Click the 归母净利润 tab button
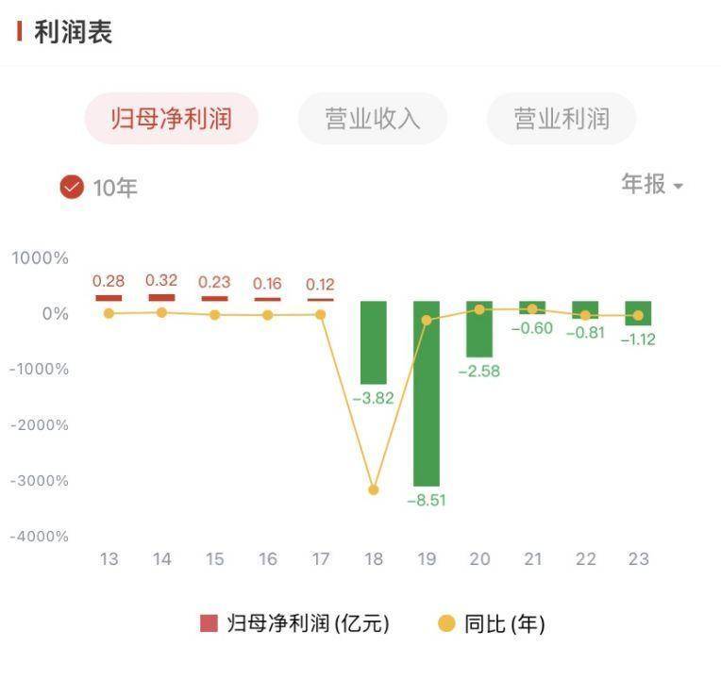(x=171, y=119)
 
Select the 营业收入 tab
(x=372, y=119)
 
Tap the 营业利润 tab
(x=561, y=119)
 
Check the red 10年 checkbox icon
(x=73, y=187)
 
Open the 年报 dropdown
(x=652, y=184)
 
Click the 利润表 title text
(x=73, y=32)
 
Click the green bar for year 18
(x=374, y=342)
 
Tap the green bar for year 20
(x=479, y=329)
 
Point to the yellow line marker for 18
(x=374, y=489)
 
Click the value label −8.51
(x=427, y=501)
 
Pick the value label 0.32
(x=161, y=280)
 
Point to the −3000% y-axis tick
(x=39, y=480)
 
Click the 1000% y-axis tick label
(x=41, y=257)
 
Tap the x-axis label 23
(x=639, y=559)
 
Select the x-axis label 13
(x=109, y=559)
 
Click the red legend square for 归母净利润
(x=209, y=623)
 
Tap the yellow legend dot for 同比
(x=446, y=623)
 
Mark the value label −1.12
(x=638, y=339)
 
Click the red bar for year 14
(x=161, y=297)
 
